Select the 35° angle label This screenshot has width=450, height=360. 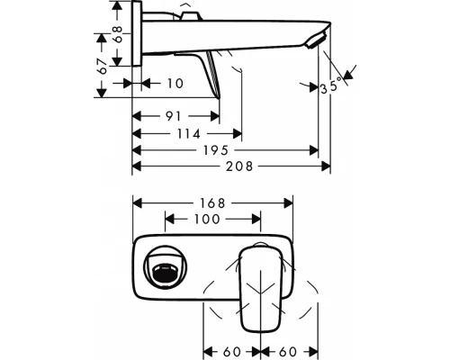pyautogui.click(x=332, y=87)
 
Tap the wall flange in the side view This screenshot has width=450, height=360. pyautogui.click(x=137, y=36)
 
